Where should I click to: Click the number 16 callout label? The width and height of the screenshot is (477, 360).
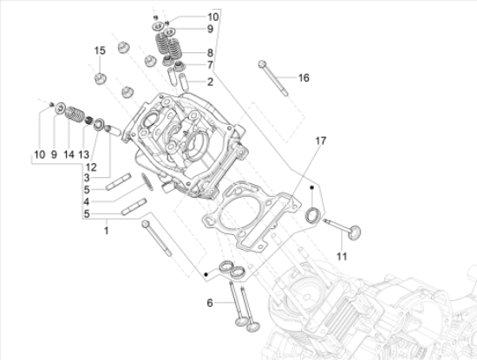(x=304, y=78)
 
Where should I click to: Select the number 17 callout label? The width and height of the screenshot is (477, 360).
(x=320, y=140)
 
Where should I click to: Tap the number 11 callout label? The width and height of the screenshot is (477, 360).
(x=341, y=256)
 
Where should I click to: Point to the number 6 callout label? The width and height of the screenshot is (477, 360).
(x=209, y=303)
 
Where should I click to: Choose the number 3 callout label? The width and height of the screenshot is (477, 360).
(x=88, y=177)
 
